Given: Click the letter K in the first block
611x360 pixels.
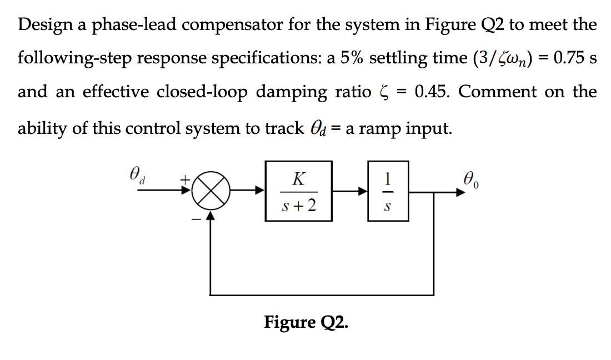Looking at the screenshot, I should [x=298, y=179].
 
